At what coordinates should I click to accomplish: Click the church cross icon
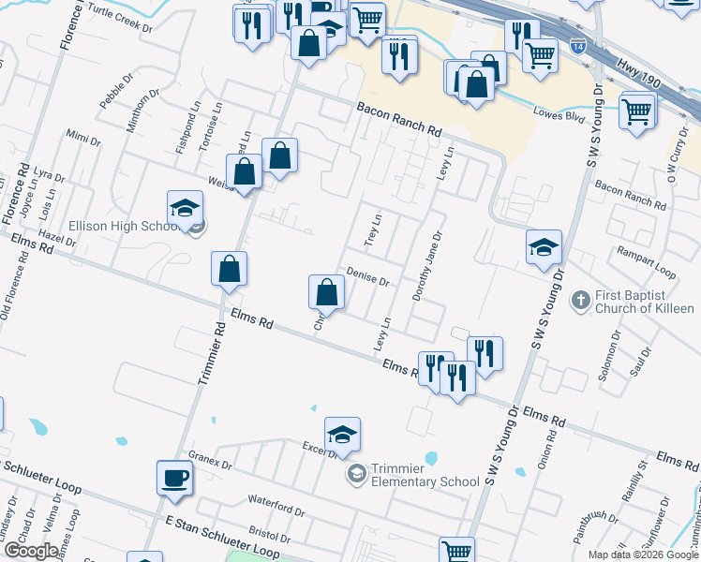coord(580,301)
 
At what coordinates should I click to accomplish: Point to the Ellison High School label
coord(118,226)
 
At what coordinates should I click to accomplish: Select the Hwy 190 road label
coord(640,74)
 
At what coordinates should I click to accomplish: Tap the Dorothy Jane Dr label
coord(425,267)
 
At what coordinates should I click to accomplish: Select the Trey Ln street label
coord(373,229)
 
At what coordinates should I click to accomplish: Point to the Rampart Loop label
coord(646,261)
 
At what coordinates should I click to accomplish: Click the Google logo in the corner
coord(31,550)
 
